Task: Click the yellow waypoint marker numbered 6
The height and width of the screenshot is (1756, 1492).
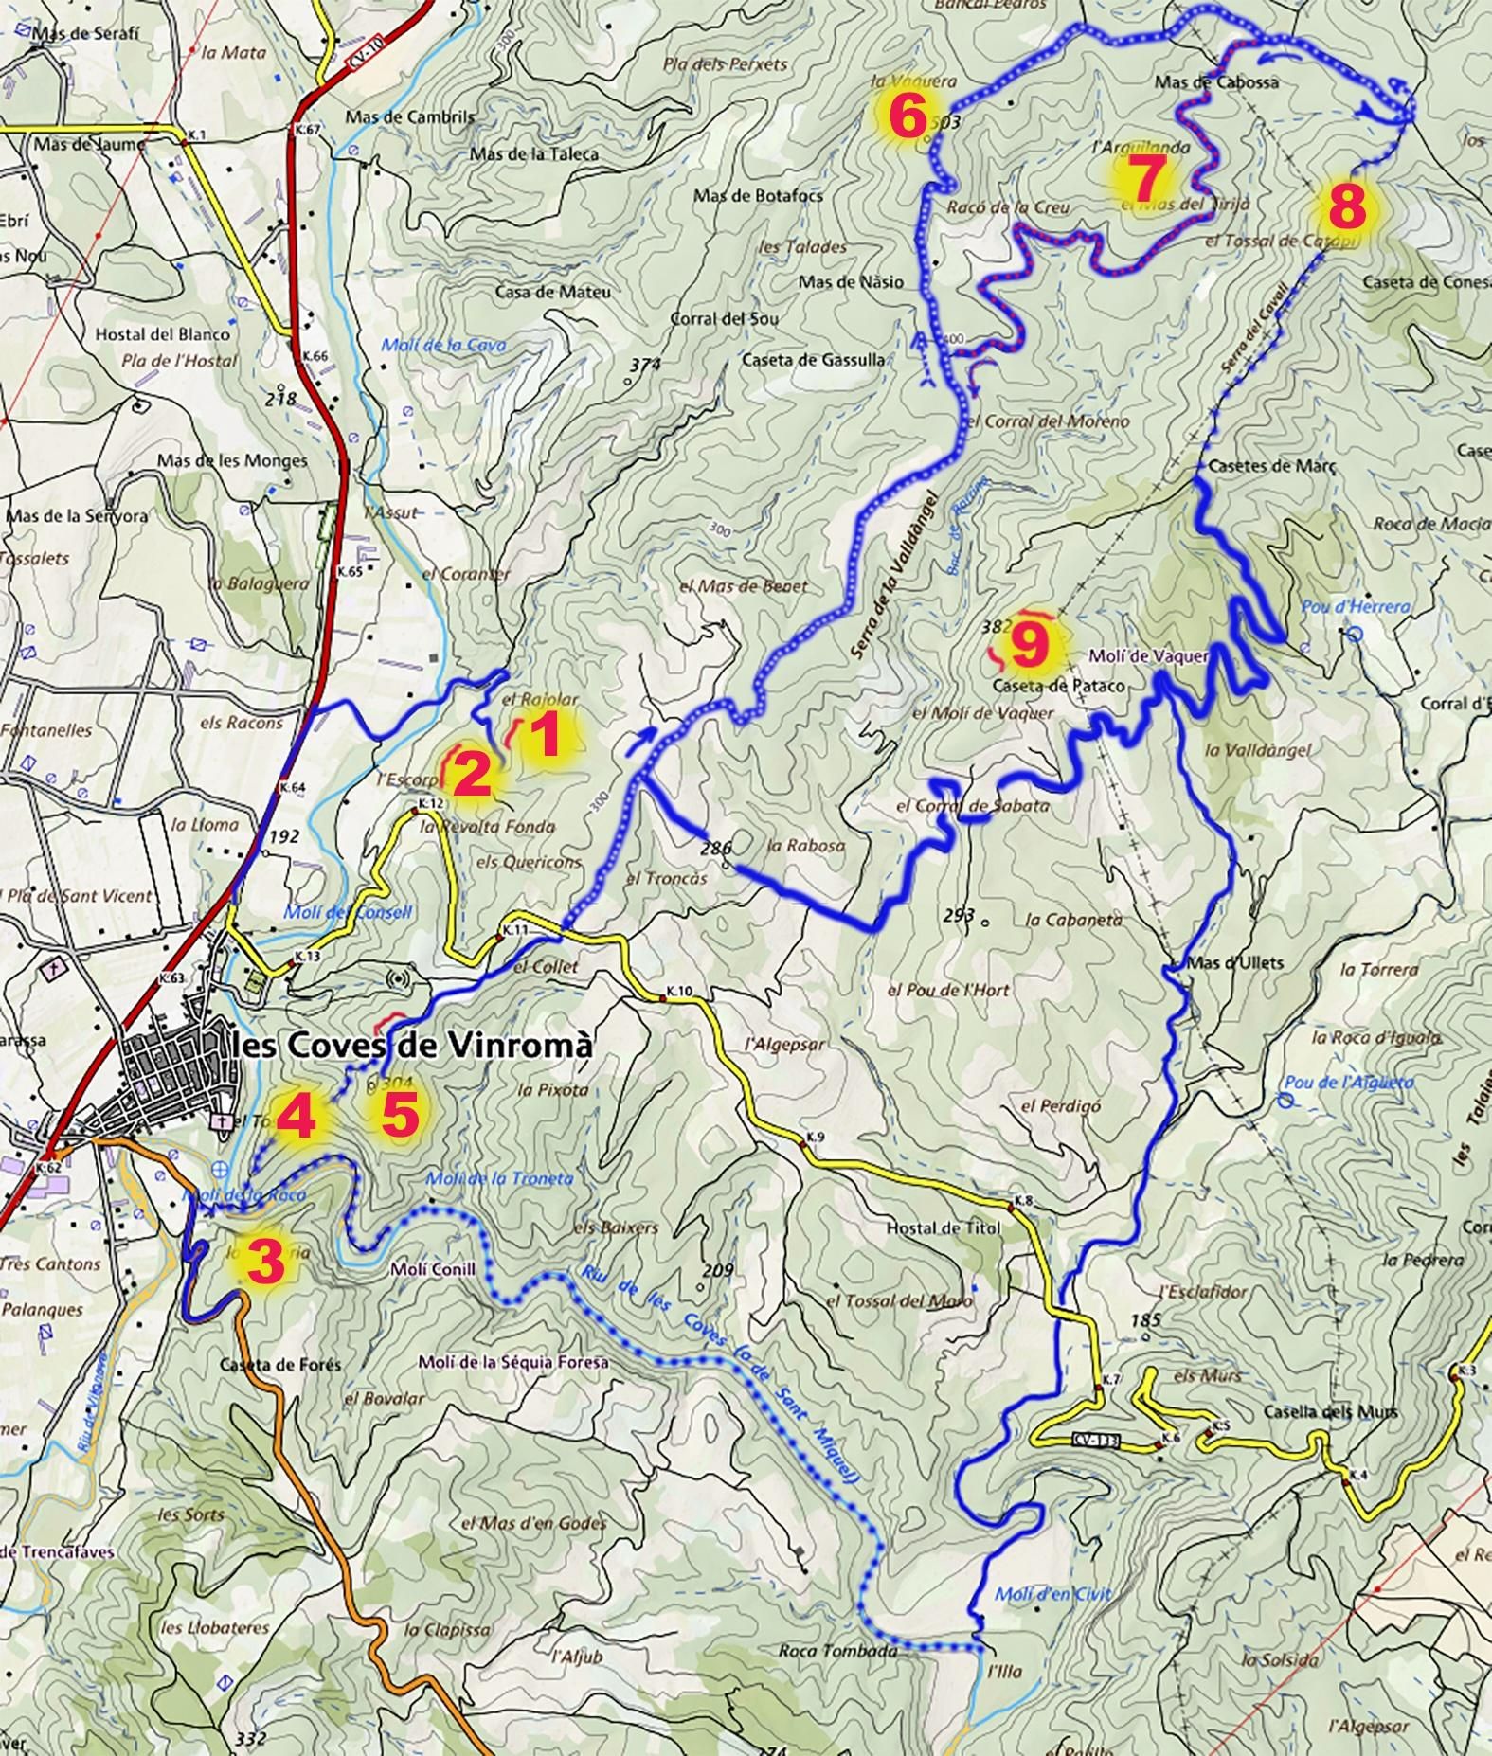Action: tap(906, 118)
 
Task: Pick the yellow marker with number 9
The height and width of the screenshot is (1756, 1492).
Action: tap(1029, 647)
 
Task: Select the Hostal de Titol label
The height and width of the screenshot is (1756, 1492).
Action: tap(943, 1228)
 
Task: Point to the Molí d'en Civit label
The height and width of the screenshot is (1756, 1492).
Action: tap(1052, 1594)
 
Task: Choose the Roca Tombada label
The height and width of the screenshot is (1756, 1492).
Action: tap(837, 1650)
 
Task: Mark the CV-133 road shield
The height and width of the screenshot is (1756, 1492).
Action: tap(1097, 1441)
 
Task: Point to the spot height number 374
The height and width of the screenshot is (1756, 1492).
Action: tap(644, 365)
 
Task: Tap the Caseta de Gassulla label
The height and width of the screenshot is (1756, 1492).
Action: tap(814, 360)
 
